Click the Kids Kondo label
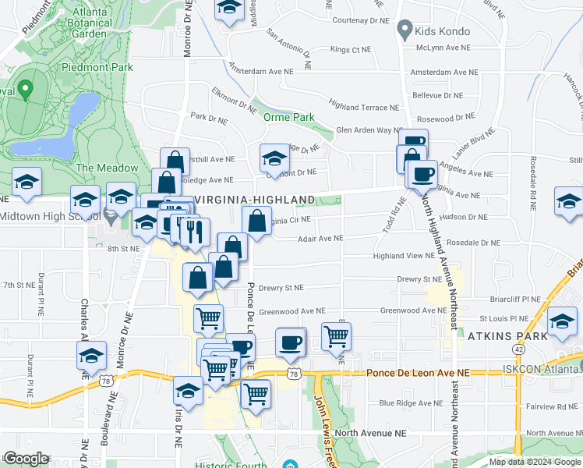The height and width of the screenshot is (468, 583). click(444, 31)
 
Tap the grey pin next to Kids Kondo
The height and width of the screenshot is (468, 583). click(404, 31)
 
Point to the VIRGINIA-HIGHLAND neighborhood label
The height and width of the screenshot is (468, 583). click(253, 200)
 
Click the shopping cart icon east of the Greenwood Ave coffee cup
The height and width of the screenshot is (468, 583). click(337, 336)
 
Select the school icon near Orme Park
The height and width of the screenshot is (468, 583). click(274, 158)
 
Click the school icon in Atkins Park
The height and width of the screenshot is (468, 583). click(562, 321)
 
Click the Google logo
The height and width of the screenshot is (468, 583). click(27, 459)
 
